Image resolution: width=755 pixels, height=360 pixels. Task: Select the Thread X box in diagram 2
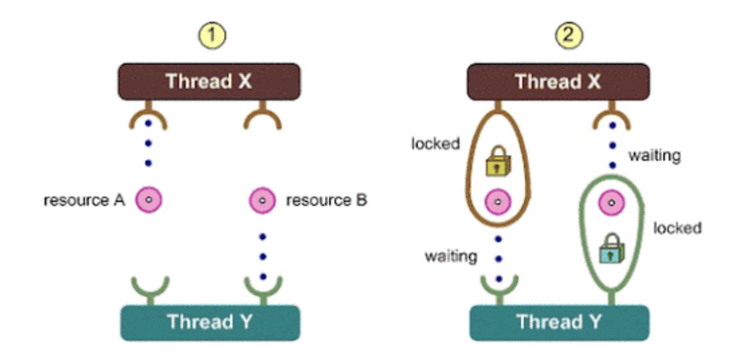coord(558,82)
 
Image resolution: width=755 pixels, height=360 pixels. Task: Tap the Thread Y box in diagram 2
coord(558,322)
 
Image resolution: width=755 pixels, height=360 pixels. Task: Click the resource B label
coord(326,200)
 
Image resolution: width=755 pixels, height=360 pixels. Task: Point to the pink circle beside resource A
coord(149,200)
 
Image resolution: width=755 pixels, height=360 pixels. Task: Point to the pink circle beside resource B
coord(263,200)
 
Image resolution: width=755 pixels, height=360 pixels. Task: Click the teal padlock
coord(610,249)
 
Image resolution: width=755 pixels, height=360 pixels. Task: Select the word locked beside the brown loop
coord(436,144)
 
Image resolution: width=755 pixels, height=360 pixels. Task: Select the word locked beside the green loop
coord(678,228)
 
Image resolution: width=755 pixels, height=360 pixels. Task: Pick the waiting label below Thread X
coord(654,156)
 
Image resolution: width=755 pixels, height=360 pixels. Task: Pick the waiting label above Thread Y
coord(450,255)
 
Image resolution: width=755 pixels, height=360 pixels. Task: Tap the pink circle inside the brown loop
coord(497,200)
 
